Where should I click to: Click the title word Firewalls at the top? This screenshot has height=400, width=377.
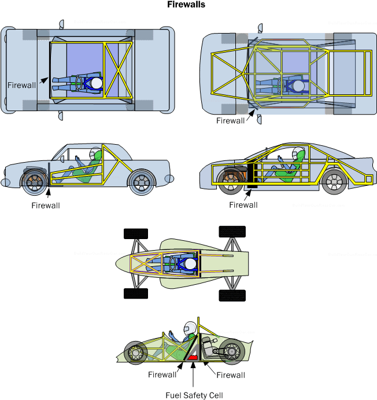click(186, 5)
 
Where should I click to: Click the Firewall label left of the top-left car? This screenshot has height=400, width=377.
click(21, 85)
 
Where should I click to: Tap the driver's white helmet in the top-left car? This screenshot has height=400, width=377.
click(97, 83)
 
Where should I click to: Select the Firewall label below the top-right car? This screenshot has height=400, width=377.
click(231, 121)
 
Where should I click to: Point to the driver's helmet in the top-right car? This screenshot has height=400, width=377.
click(298, 86)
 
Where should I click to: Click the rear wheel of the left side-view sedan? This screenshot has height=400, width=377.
click(141, 182)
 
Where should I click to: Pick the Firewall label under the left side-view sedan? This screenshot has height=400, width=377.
click(46, 205)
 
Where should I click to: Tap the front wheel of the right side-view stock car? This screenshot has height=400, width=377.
click(233, 179)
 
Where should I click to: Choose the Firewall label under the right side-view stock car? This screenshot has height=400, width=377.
click(243, 204)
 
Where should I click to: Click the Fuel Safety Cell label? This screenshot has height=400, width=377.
click(194, 395)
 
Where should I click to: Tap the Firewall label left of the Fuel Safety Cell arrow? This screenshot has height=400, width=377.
click(162, 375)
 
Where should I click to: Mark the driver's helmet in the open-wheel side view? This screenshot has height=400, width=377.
click(188, 329)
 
